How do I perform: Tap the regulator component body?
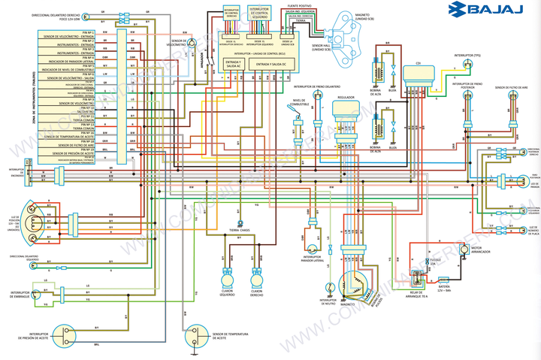pyautogui.click(x=346, y=110)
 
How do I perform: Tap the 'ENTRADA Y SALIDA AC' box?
pyautogui.click(x=232, y=65)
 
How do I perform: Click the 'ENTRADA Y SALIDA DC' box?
pyautogui.click(x=273, y=65)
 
